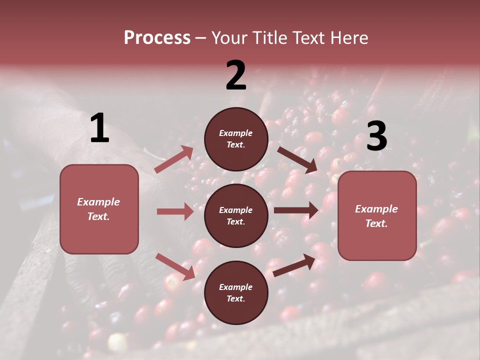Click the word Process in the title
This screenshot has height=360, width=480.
point(157,37)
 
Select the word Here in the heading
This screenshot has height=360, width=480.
point(348,37)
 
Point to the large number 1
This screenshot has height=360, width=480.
point(99,129)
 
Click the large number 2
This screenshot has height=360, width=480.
point(236,75)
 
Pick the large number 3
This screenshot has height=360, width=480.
point(376,136)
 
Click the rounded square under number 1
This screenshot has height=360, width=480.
point(99,209)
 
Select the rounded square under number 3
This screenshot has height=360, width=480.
point(377,215)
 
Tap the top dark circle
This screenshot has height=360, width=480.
point(236,138)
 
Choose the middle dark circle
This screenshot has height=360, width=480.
point(236,215)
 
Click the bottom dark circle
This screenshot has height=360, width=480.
point(236,292)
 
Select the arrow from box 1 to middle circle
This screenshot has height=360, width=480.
point(175,211)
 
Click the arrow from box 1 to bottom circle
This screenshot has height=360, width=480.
point(175,266)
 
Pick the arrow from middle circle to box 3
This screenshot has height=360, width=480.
point(296,210)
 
